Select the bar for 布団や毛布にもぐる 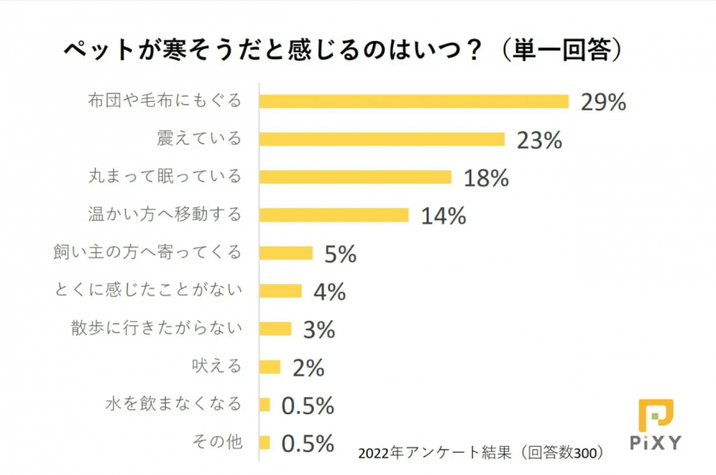pos(413,101)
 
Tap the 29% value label pos(603,102)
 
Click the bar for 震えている pos(382,139)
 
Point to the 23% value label pos(539,140)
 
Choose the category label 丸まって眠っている pos(165,176)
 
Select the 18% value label pos(486,177)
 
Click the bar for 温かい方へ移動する pos(334,214)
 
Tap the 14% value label pos(443,216)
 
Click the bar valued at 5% pos(286,252)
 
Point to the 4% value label pos(329,292)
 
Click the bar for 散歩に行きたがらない pos(275,329)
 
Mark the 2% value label pos(308,368)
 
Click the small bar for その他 pos(264,442)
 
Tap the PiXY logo pos(655,425)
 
